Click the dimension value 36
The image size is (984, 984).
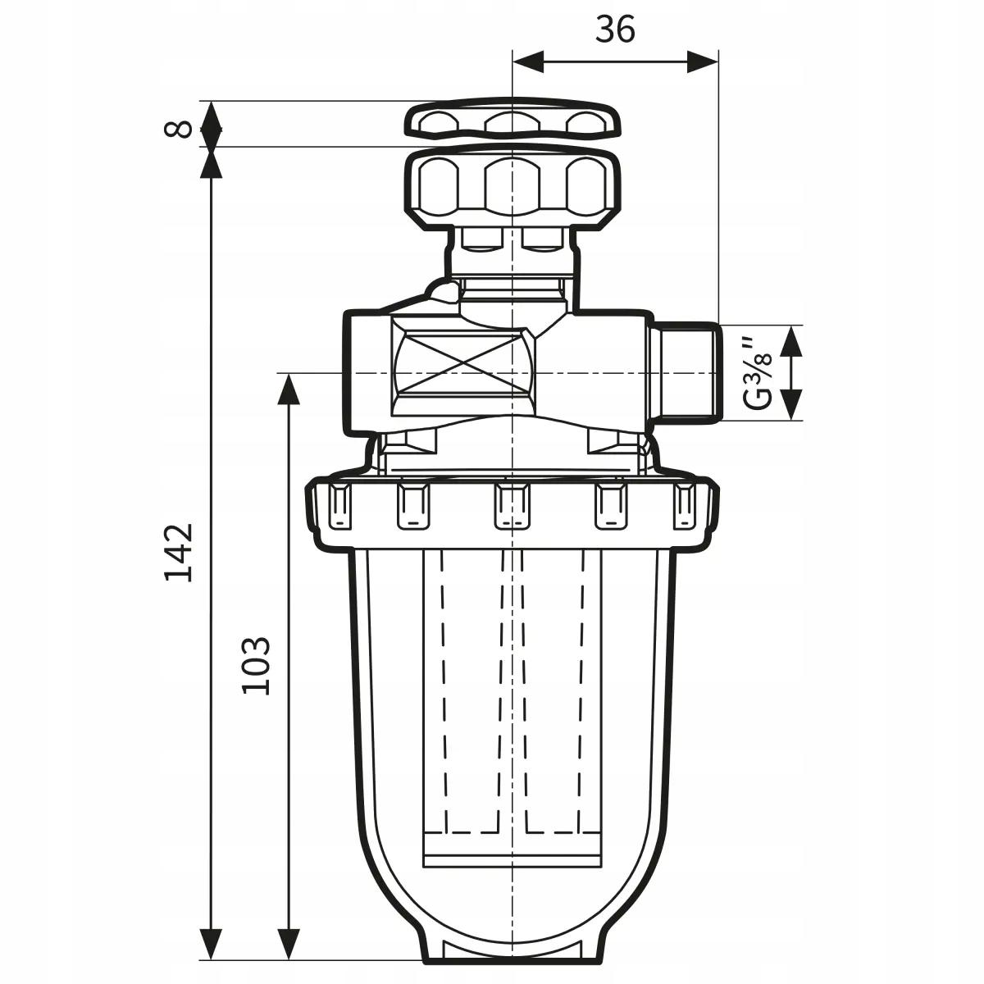615,30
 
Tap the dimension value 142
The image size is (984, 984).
178,551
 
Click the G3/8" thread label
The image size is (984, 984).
759,372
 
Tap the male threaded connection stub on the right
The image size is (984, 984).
687,373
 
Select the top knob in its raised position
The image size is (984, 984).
512,121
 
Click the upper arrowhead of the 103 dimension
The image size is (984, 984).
287,389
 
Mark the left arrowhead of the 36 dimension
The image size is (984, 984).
529,61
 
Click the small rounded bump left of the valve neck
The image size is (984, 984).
444,290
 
